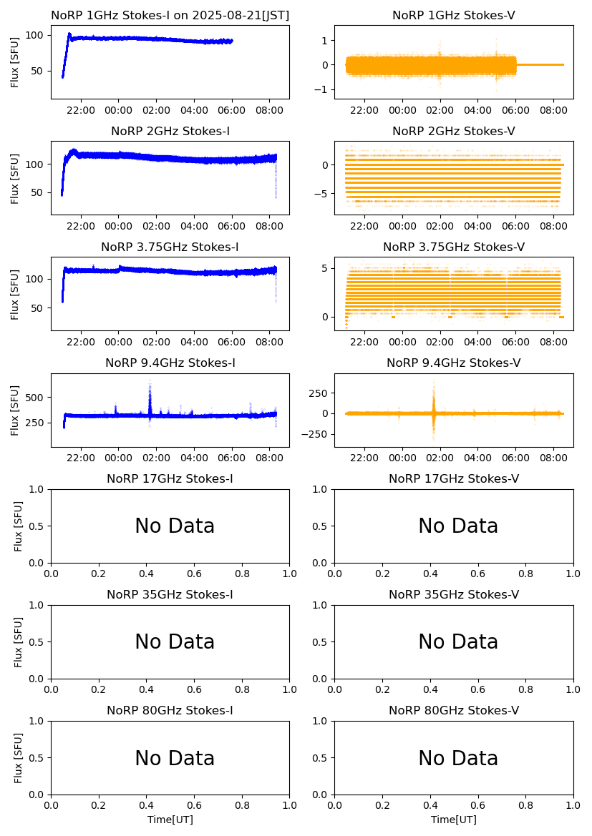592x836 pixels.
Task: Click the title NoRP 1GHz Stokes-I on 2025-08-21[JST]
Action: (170, 16)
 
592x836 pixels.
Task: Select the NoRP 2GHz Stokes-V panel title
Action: (453, 132)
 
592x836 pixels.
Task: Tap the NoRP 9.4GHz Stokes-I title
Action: (170, 363)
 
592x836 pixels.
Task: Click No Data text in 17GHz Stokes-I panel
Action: (175, 526)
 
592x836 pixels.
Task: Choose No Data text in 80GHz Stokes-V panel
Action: (458, 759)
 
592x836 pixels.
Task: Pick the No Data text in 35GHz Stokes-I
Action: (175, 642)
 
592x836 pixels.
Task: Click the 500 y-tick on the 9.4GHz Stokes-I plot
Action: (37, 398)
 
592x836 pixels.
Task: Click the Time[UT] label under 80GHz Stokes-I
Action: (170, 820)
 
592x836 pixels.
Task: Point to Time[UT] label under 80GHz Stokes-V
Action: (453, 820)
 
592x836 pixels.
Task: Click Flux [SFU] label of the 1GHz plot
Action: (15, 62)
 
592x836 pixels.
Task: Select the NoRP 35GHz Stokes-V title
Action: (453, 595)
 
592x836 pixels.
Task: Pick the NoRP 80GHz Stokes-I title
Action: (170, 711)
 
